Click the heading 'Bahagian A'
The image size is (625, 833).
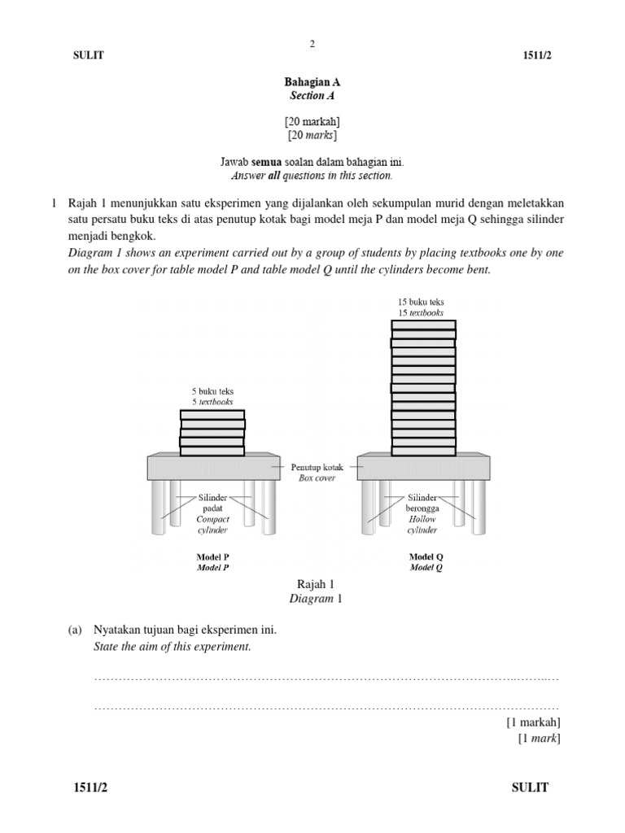click(x=312, y=82)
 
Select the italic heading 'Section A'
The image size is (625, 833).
click(x=312, y=96)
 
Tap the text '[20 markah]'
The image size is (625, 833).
click(x=312, y=121)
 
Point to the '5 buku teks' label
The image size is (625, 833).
click(x=212, y=391)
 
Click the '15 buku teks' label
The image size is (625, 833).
click(x=421, y=303)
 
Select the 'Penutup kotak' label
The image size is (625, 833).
click(x=317, y=468)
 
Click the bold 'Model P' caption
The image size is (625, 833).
click(x=212, y=557)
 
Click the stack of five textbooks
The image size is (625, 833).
click(x=212, y=432)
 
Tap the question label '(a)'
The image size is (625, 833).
click(x=75, y=630)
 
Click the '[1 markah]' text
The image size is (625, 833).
click(x=533, y=722)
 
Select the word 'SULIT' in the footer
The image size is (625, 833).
click(x=530, y=787)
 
